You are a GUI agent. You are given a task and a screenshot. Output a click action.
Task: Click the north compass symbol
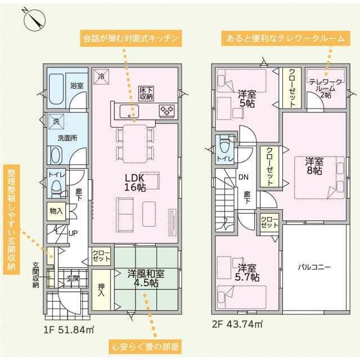point(34,19)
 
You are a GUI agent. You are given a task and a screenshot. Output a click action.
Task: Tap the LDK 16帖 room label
point(135,182)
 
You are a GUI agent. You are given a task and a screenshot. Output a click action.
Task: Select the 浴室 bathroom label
point(76,86)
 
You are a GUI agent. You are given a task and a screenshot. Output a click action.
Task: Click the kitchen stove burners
point(167,110)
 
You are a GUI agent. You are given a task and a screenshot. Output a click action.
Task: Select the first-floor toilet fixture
point(56,188)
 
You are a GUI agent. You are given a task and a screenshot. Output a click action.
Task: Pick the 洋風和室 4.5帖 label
point(146,278)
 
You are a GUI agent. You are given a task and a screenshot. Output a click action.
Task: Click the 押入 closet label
point(101,290)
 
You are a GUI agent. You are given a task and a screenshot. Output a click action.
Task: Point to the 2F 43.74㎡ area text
point(237,324)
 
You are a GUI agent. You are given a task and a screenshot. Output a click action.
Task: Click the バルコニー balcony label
point(314,267)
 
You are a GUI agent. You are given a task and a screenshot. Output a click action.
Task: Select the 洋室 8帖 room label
point(314,166)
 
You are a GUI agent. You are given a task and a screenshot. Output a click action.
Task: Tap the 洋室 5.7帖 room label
point(248,272)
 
